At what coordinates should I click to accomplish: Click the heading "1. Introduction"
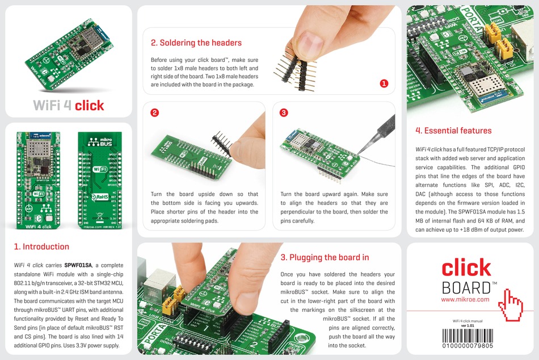[x=41, y=246]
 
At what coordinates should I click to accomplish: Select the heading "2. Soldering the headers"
[x=196, y=43]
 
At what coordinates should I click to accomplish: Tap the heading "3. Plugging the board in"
[x=325, y=257]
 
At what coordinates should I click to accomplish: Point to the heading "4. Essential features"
[x=453, y=131]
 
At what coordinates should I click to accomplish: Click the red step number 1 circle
[x=384, y=83]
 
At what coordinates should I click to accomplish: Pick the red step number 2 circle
[x=154, y=112]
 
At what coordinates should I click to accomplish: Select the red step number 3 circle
[x=284, y=112]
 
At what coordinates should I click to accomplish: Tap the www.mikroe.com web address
[x=465, y=299]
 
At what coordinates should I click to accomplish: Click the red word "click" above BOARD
[x=466, y=268]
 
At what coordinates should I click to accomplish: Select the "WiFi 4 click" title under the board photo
[x=69, y=105]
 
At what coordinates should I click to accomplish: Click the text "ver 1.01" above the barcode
[x=468, y=325]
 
